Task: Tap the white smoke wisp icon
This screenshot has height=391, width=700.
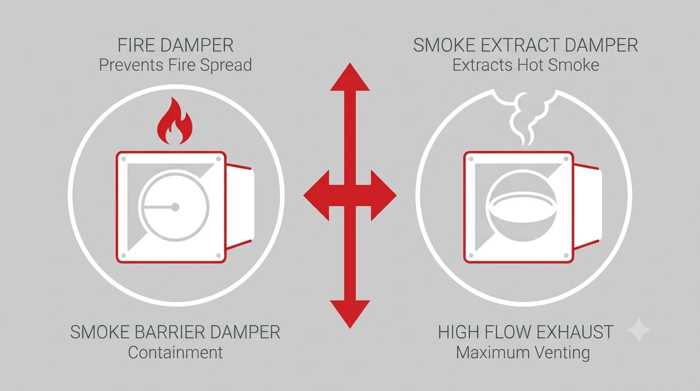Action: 528,119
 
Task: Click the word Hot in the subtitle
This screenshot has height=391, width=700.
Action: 530,65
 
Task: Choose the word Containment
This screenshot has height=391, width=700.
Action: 176,352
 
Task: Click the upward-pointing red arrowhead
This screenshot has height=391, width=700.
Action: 350,77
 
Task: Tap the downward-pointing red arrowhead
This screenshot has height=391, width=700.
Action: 350,314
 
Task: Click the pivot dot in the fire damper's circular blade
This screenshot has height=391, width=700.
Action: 176,207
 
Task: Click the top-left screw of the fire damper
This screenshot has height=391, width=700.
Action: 124,159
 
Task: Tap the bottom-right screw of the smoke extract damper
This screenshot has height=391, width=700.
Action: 566,256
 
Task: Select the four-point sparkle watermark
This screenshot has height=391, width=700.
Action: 639,330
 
